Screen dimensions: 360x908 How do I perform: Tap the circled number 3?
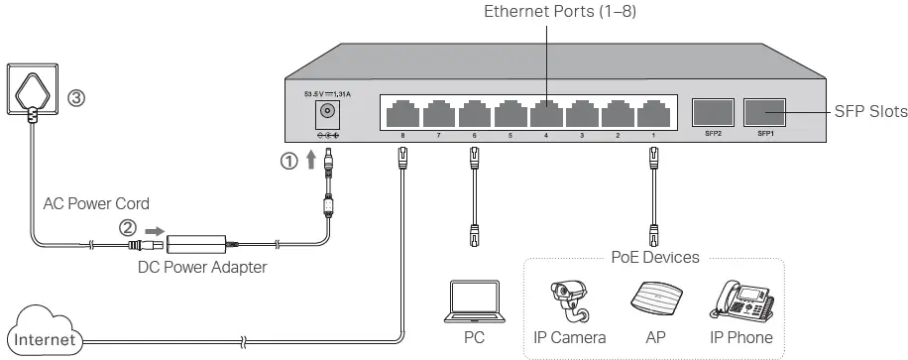point(76,99)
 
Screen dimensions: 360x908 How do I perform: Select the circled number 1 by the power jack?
point(289,162)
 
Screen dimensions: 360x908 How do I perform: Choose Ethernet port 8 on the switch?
point(402,112)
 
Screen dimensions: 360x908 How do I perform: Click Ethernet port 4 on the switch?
point(544,112)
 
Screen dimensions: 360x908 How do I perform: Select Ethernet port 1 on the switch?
point(651,112)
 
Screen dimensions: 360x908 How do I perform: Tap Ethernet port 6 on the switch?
point(473,112)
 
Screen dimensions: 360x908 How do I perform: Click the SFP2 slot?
point(712,112)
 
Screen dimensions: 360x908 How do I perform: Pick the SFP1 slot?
point(764,112)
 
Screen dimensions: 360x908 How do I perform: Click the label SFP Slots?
point(869,112)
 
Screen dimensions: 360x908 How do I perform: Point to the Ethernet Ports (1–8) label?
point(546,12)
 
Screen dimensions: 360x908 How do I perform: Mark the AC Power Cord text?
point(95,203)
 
